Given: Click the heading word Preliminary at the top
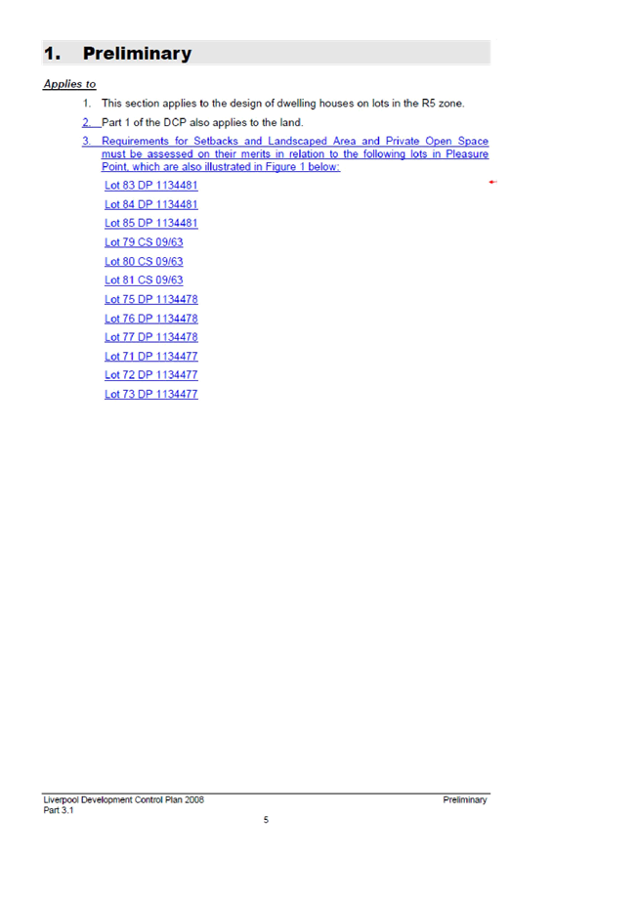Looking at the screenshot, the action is [x=137, y=54].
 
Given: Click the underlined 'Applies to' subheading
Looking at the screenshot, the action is [x=69, y=84].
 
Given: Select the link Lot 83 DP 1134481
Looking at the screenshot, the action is [x=151, y=186].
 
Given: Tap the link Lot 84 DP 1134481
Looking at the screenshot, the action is [x=151, y=204].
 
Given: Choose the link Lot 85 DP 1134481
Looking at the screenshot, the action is [x=151, y=223].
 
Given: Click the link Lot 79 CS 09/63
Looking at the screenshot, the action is [x=144, y=242].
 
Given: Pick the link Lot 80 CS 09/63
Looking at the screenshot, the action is [x=144, y=261].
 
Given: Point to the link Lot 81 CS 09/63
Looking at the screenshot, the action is [x=144, y=280].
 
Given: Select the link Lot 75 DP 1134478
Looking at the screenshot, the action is [x=151, y=299].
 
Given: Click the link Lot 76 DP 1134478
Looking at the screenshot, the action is [x=151, y=319].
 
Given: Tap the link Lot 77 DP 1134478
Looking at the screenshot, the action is [x=151, y=337].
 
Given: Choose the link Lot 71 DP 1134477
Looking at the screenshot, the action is [x=151, y=356].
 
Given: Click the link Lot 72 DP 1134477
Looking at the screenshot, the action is [x=151, y=375].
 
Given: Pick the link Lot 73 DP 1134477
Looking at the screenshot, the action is [x=151, y=394].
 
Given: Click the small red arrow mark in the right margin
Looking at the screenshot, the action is [x=492, y=182].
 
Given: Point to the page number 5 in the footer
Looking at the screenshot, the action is [x=266, y=820].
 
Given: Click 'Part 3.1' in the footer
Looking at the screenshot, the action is [x=58, y=810].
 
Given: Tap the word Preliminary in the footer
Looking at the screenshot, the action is [x=465, y=799].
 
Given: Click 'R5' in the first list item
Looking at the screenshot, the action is [x=429, y=104].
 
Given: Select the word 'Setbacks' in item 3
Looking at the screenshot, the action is [x=216, y=141].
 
